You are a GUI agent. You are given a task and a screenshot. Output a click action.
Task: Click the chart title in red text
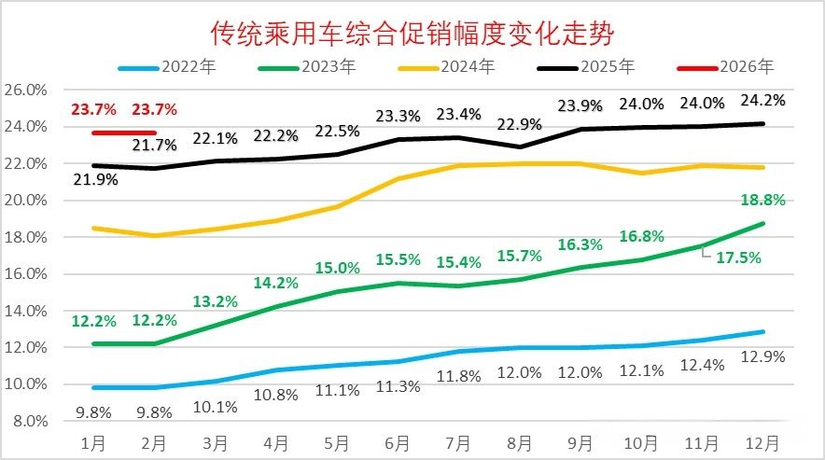click(412, 34)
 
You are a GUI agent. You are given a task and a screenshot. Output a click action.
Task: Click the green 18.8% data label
click(762, 200)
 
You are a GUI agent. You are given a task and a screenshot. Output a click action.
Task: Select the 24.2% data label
click(762, 100)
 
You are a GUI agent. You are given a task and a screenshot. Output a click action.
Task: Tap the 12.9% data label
click(762, 356)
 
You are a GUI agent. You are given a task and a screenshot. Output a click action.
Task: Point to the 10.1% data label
click(215, 405)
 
